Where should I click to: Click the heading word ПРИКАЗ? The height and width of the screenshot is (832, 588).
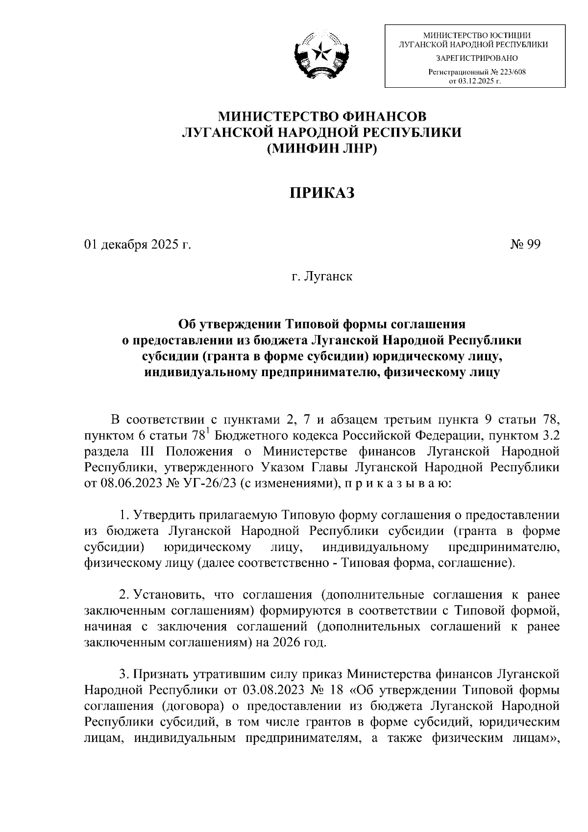click(321, 193)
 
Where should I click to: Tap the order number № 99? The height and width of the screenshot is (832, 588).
click(526, 245)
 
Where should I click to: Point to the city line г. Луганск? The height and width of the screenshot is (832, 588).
click(321, 277)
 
